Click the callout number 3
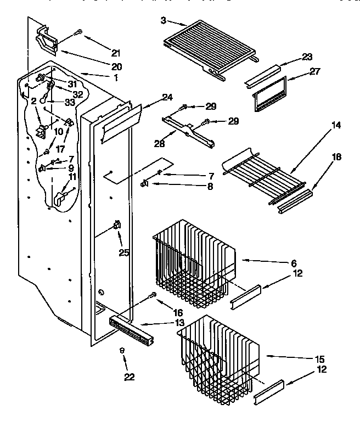click(x=163, y=20)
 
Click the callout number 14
click(x=336, y=126)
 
